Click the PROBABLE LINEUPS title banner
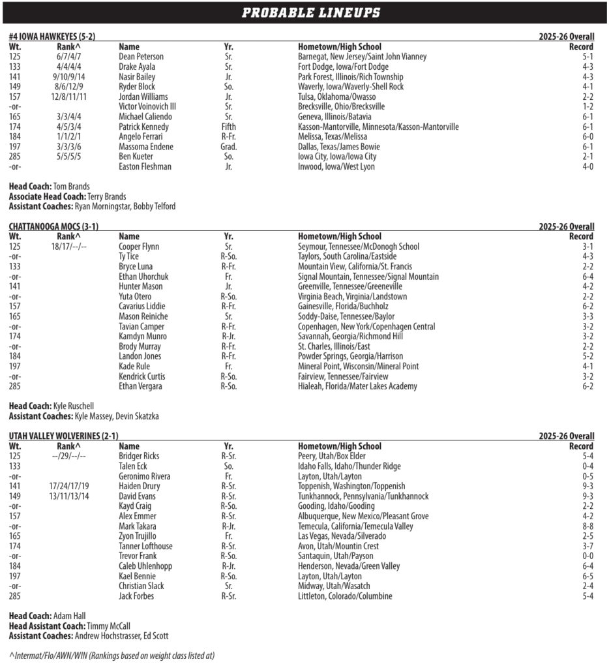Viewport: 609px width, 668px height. pyautogui.click(x=311, y=12)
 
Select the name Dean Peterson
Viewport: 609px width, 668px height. pyautogui.click(x=141, y=57)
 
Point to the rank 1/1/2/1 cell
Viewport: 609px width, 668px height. pyautogui.click(x=68, y=137)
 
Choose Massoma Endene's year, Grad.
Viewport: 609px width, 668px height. pyautogui.click(x=229, y=147)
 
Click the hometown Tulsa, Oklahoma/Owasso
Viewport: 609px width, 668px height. pyautogui.click(x=336, y=97)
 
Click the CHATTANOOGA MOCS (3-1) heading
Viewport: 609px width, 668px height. pyautogui.click(x=53, y=227)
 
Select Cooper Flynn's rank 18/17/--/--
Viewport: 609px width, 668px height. pyautogui.click(x=68, y=247)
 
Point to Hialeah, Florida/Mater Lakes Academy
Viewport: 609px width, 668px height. pyautogui.click(x=357, y=386)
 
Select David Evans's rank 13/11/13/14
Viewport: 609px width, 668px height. pyautogui.click(x=68, y=496)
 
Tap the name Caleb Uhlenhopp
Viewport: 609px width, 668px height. pyautogui.click(x=145, y=566)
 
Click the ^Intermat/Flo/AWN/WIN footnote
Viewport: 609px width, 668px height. pyautogui.click(x=111, y=655)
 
